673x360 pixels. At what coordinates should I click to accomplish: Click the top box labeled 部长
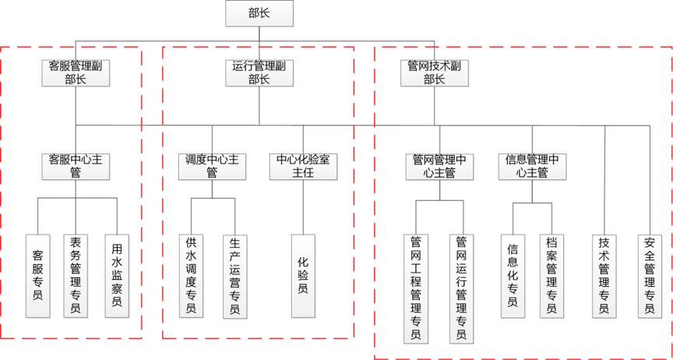pyautogui.click(x=259, y=13)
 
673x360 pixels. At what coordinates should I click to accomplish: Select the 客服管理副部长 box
pyautogui.click(x=76, y=72)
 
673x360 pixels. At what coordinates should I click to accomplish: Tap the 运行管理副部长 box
pyautogui.click(x=259, y=72)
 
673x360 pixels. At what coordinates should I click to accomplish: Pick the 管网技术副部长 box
pyautogui.click(x=434, y=72)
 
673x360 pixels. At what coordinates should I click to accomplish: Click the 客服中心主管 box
pyautogui.click(x=76, y=166)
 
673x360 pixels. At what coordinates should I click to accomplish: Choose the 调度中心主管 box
pyautogui.click(x=212, y=166)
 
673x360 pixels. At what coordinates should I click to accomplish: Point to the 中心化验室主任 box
pyautogui.click(x=304, y=166)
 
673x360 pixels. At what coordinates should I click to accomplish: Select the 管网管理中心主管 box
pyautogui.click(x=439, y=166)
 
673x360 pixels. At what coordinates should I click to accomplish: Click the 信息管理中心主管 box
pyautogui.click(x=533, y=166)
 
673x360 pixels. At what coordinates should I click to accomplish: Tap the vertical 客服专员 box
pyautogui.click(x=38, y=275)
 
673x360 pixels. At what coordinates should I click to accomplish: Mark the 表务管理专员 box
pyautogui.click(x=76, y=275)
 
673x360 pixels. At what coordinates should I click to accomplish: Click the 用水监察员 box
pyautogui.click(x=117, y=275)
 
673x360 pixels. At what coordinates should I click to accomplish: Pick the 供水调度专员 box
pyautogui.click(x=191, y=275)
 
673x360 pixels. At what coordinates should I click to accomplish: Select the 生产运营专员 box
pyautogui.click(x=234, y=275)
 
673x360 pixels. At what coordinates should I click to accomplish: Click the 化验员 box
pyautogui.click(x=304, y=275)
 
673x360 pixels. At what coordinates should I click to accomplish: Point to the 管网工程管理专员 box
pyautogui.click(x=416, y=288)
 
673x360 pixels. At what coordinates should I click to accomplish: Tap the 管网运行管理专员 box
pyautogui.click(x=461, y=288)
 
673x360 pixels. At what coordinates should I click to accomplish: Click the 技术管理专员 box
pyautogui.click(x=604, y=275)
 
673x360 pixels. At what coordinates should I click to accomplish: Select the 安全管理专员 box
pyautogui.click(x=650, y=275)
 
